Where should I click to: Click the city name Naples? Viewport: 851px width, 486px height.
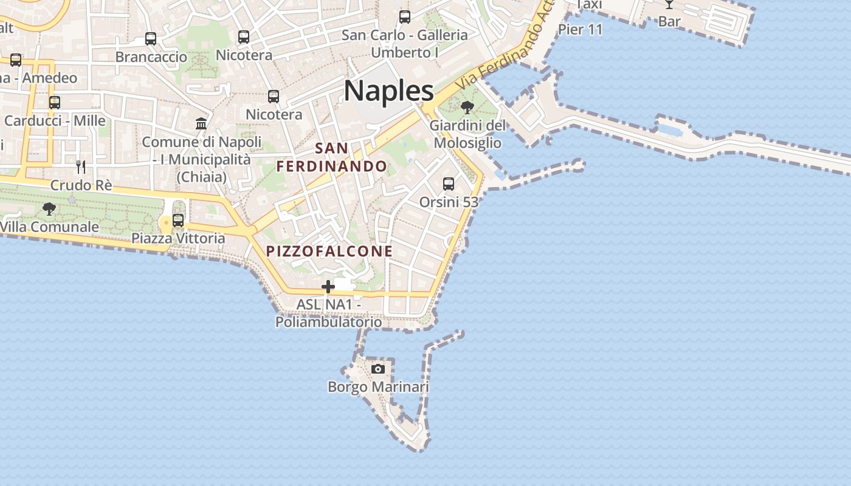click(x=388, y=91)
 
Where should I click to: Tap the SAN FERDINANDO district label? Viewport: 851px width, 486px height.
click(x=332, y=157)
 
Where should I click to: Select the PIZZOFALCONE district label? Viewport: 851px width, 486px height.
click(x=329, y=251)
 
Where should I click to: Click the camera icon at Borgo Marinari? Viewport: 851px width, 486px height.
click(x=378, y=369)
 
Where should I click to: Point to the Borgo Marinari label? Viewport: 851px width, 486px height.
click(x=378, y=387)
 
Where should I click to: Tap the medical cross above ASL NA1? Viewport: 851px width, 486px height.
click(x=328, y=287)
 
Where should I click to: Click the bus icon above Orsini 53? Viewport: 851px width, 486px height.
click(x=449, y=183)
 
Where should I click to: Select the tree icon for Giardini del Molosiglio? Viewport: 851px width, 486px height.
click(x=467, y=108)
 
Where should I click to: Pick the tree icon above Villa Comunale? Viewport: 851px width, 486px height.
click(x=49, y=210)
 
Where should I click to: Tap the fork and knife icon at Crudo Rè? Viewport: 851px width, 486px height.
click(x=81, y=167)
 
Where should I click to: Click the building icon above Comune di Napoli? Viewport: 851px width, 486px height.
click(x=201, y=124)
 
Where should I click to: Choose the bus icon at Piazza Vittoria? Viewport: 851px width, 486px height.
click(x=178, y=221)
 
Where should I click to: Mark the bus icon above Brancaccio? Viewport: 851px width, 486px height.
click(x=151, y=39)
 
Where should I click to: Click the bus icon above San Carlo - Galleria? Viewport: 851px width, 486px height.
click(x=405, y=17)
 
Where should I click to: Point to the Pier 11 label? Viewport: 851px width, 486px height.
click(x=580, y=29)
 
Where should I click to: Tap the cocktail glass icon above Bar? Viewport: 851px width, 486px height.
click(x=669, y=4)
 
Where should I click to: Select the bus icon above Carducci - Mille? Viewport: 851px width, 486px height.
click(x=55, y=103)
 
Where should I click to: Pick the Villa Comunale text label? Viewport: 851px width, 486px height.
click(x=49, y=227)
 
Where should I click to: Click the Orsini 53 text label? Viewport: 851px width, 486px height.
click(x=449, y=202)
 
